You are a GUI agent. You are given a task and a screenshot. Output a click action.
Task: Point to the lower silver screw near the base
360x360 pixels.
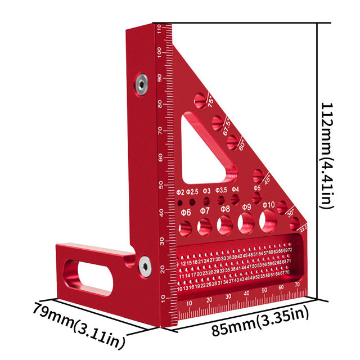tap(145, 263)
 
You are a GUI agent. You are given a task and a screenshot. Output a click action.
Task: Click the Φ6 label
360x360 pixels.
tap(186, 211)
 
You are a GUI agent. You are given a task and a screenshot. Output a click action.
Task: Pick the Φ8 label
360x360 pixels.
tap(225, 209)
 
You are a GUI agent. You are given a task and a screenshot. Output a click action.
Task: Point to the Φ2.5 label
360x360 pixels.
tap(192, 191)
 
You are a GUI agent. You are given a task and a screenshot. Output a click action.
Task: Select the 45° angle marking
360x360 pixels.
tap(267, 178)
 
